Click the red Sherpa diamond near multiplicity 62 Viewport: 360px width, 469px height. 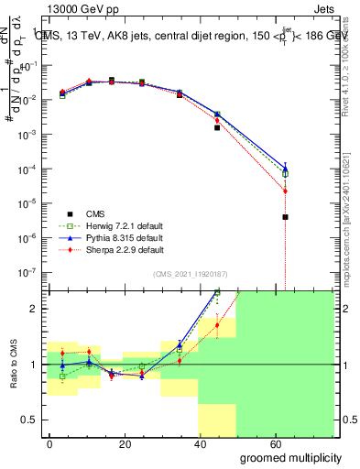[x=286, y=191]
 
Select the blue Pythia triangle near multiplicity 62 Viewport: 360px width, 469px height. [x=286, y=169]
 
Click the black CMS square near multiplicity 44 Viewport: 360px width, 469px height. [x=217, y=127]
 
